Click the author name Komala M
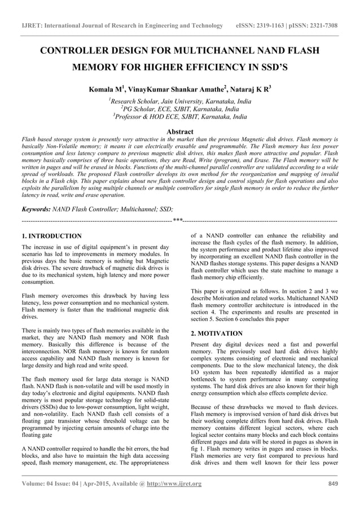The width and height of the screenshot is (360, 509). pos(104,89)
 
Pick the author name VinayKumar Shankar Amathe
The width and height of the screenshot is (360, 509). pos(170,89)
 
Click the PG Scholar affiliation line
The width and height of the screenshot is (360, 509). pos(180,109)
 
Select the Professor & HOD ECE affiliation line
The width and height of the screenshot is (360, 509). pos(180,117)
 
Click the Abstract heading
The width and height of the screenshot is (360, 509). pos(180,131)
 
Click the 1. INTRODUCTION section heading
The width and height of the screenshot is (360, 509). pos(51,236)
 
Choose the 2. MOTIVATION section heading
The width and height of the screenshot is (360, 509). pos(217,334)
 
